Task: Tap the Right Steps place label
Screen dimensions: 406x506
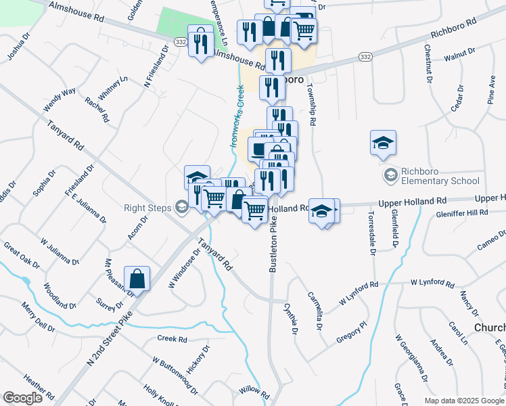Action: [147, 207]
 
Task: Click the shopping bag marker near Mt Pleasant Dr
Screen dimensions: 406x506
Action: [137, 279]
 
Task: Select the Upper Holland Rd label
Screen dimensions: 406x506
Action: [413, 201]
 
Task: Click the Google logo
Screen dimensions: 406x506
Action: [22, 398]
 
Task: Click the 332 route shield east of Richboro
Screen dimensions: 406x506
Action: [365, 56]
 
